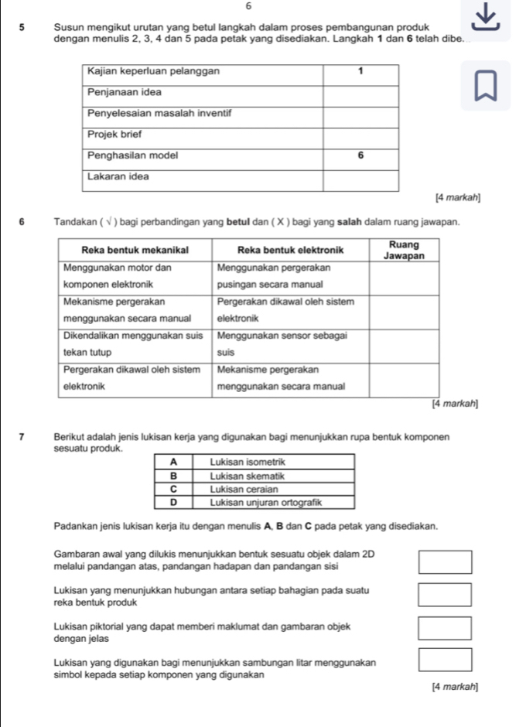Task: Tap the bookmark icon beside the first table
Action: [487, 86]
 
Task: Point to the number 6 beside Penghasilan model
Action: [360, 155]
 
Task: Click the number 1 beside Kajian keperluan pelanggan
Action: [360, 71]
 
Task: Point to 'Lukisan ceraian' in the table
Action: [237, 490]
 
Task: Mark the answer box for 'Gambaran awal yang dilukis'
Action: [446, 561]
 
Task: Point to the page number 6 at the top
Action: [261, 5]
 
